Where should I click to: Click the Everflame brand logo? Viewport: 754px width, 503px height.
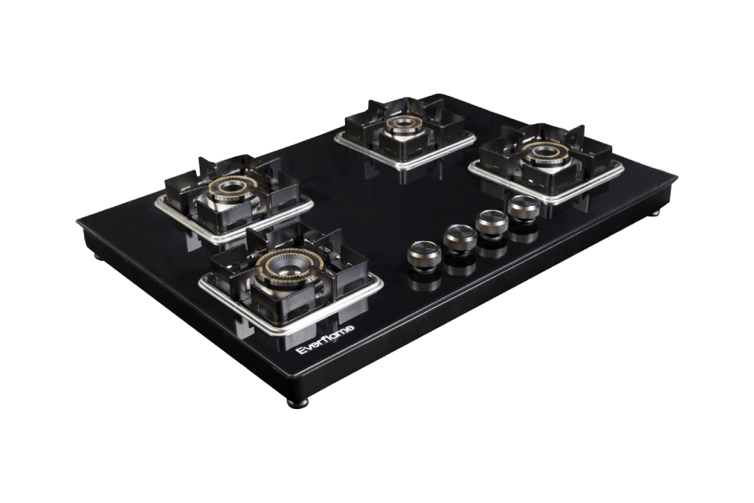point(325,340)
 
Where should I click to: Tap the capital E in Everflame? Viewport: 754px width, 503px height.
point(300,350)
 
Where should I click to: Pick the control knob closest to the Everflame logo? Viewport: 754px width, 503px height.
point(424,255)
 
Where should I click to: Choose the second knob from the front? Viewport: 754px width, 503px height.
point(459,239)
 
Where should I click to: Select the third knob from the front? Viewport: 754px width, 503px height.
point(491,224)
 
